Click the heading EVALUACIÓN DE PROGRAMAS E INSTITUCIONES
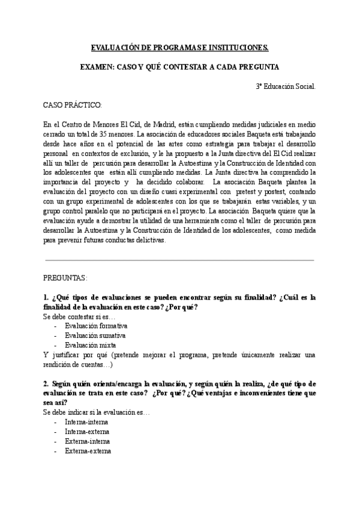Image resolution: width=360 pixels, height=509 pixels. tap(179, 47)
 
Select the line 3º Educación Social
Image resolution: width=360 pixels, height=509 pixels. tap(286, 86)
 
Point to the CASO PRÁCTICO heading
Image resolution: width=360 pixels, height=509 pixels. tap(73, 105)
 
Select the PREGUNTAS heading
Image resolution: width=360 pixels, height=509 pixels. tap(65, 279)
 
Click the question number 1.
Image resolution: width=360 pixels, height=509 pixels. tap(46, 298)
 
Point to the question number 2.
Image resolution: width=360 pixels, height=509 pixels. tap(46, 384)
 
